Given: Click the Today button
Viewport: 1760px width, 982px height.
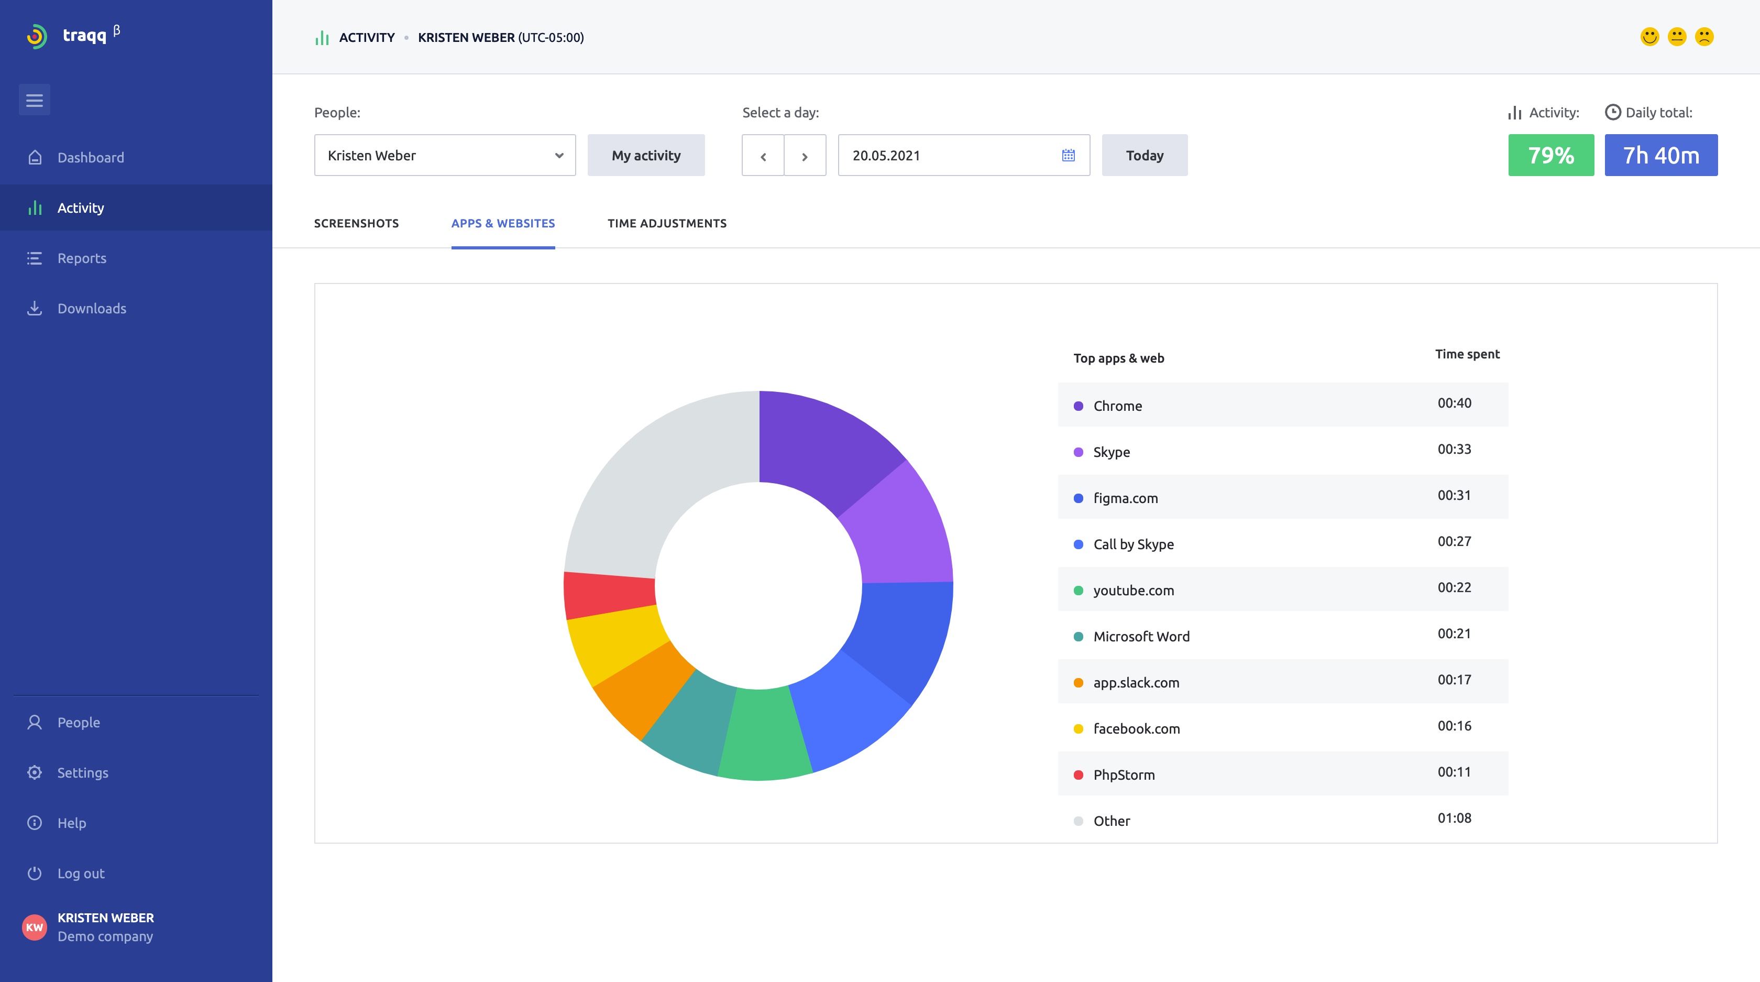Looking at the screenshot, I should click(1145, 155).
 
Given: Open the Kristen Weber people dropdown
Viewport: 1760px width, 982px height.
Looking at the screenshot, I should click(445, 155).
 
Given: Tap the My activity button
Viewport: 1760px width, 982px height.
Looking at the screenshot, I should click(646, 155).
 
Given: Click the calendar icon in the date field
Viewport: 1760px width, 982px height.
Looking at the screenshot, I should click(1069, 155).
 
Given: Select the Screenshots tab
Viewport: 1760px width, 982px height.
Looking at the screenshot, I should click(356, 223).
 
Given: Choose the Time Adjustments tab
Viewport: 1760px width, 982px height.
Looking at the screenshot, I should click(667, 223).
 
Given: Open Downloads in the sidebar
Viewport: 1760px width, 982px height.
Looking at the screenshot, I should click(92, 308).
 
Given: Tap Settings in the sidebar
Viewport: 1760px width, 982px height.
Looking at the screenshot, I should click(83, 772).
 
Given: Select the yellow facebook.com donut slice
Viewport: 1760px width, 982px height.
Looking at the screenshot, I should click(615, 646).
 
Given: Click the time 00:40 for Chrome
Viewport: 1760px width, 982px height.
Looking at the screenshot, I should click(1454, 403).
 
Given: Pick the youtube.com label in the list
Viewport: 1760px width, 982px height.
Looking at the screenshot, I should click(1134, 591).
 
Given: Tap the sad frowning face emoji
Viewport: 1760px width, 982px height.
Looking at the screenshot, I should click(1704, 37).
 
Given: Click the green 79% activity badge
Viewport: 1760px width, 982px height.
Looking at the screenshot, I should click(1551, 155).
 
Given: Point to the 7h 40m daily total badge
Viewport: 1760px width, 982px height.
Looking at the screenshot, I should click(1660, 155).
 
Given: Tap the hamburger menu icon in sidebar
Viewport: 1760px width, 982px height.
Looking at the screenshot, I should click(34, 101).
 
